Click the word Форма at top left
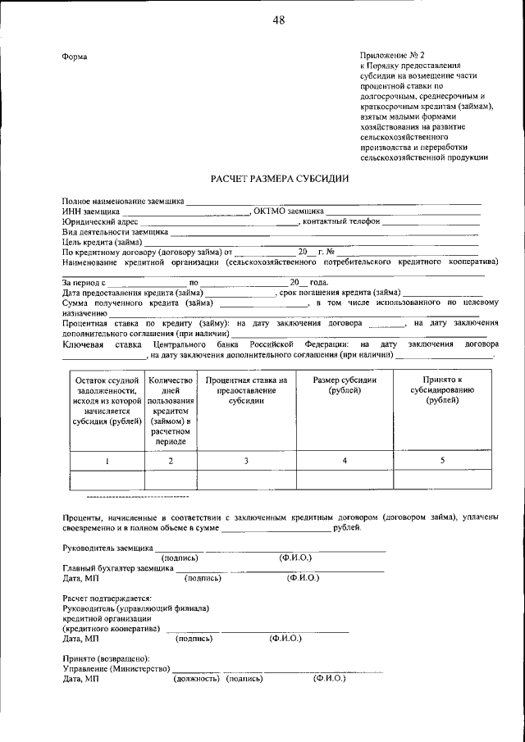click(x=75, y=57)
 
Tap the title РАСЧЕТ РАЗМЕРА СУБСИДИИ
click(x=280, y=178)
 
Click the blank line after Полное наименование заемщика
click(x=332, y=201)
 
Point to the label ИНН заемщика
click(x=86, y=212)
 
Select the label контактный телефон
click(x=341, y=221)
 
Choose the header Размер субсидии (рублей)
click(x=345, y=385)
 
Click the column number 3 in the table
click(x=246, y=461)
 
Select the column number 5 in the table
click(x=442, y=461)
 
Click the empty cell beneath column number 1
click(x=107, y=480)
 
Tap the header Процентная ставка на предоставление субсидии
click(x=246, y=390)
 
